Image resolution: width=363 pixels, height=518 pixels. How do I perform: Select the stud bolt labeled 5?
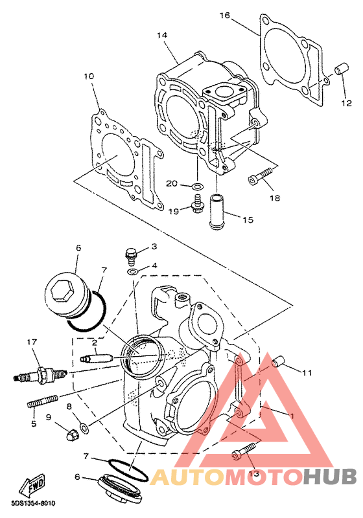(42, 401)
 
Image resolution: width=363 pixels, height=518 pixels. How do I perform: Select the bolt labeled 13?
(244, 451)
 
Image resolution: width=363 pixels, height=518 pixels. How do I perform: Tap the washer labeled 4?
(133, 272)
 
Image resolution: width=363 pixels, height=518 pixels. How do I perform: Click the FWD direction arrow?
(32, 484)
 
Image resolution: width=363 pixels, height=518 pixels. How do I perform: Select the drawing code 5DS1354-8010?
(33, 504)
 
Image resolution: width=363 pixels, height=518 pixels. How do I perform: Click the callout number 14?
(162, 35)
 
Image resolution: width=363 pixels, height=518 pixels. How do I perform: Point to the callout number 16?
(224, 15)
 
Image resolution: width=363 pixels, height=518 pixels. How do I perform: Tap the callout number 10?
(89, 76)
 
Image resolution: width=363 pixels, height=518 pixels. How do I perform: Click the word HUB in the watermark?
(330, 477)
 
